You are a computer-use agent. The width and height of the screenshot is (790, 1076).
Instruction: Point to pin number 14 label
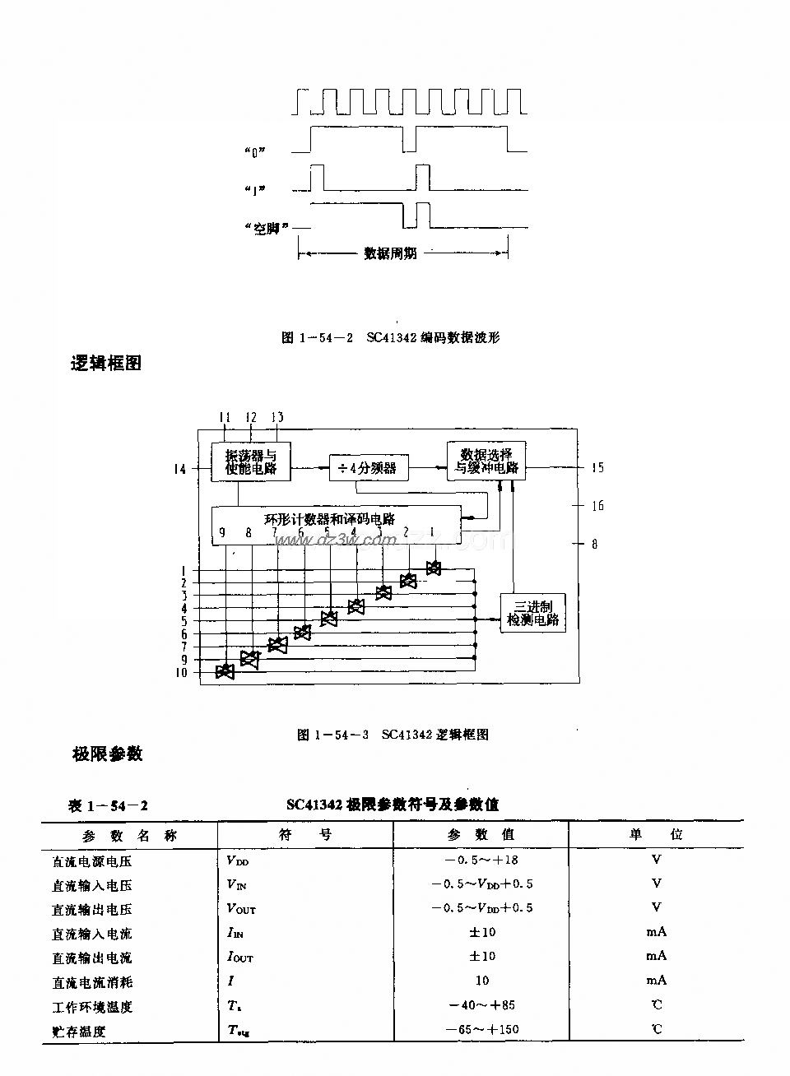[x=179, y=469]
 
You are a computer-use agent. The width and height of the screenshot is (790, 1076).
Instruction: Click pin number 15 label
[x=597, y=467]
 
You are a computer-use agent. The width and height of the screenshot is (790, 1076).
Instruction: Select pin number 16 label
[x=597, y=505]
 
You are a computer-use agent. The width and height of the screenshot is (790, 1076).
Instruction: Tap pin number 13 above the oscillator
[x=277, y=417]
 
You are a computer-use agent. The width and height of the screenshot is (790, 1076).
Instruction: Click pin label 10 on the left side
[x=180, y=673]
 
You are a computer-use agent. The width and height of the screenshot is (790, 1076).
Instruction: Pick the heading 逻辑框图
[x=106, y=363]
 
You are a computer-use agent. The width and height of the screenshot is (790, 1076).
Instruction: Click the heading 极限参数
[x=108, y=753]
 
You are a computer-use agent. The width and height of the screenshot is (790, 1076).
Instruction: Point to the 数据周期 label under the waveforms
[x=390, y=253]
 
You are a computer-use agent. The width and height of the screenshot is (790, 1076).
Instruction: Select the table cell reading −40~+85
[x=481, y=1005]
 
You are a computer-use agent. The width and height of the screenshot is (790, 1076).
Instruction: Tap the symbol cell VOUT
[x=241, y=909]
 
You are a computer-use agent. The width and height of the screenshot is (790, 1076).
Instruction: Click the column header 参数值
[x=481, y=834]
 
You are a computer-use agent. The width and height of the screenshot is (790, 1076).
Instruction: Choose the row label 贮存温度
[x=79, y=1031]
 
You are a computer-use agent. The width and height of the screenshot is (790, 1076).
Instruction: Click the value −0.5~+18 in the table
[x=481, y=860]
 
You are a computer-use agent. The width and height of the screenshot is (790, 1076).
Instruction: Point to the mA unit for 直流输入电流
[x=656, y=932]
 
